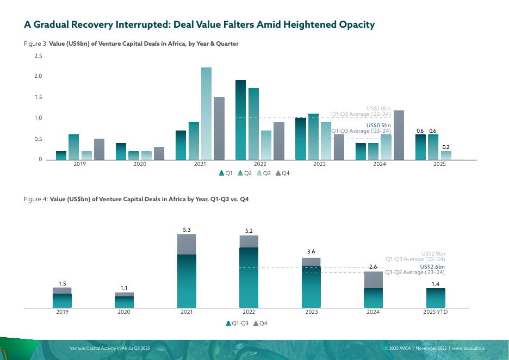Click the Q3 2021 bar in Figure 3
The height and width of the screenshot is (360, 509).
[x=206, y=114]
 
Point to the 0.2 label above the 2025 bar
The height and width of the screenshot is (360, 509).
[x=446, y=147]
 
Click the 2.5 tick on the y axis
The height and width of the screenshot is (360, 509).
[x=38, y=56]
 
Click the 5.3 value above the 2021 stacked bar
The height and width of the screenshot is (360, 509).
[x=187, y=230]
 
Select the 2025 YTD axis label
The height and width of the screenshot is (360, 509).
[x=435, y=312]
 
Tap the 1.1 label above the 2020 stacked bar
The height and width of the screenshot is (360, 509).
[x=124, y=288]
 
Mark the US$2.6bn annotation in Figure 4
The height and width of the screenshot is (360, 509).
[x=432, y=267]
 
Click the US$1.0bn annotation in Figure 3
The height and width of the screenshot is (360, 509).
[x=378, y=109]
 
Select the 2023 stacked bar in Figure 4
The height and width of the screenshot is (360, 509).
[x=311, y=283]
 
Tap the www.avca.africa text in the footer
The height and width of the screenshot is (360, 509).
[x=468, y=348]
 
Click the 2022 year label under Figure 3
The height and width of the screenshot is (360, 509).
[x=260, y=164]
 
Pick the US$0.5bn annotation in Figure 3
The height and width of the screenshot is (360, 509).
[x=378, y=125]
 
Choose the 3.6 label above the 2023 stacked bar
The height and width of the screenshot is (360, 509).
[x=311, y=252]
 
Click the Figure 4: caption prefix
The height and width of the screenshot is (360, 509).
[x=36, y=200]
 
